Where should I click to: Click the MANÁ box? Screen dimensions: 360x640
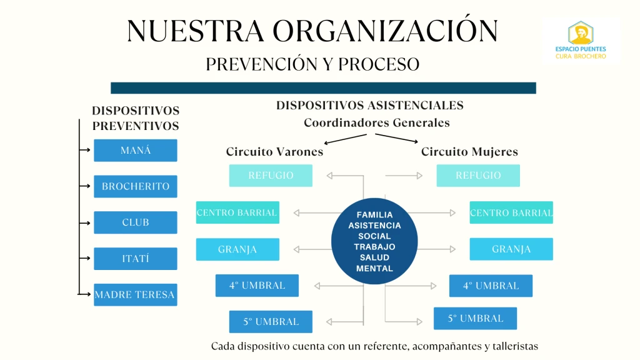pyautogui.click(x=135, y=151)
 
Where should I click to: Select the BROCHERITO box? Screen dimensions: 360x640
pyautogui.click(x=135, y=186)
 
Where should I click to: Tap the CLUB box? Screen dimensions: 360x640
pyautogui.click(x=135, y=222)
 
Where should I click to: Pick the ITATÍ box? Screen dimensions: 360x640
pyautogui.click(x=135, y=259)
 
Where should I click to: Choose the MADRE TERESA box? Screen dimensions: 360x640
pyautogui.click(x=135, y=294)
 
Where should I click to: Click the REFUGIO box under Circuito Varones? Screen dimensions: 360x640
pyautogui.click(x=271, y=176)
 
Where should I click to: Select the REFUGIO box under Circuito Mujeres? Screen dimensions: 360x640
pyautogui.click(x=478, y=176)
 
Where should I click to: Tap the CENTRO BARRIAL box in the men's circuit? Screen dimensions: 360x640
pyautogui.click(x=237, y=212)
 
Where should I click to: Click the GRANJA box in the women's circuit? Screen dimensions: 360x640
pyautogui.click(x=511, y=249)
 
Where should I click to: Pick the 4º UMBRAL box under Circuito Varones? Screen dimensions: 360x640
pyautogui.click(x=257, y=286)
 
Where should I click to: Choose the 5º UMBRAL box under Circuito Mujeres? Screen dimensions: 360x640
pyautogui.click(x=476, y=318)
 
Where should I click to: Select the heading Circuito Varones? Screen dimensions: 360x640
pyautogui.click(x=274, y=152)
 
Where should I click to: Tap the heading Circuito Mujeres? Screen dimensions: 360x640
pyautogui.click(x=469, y=152)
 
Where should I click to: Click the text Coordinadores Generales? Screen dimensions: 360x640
pyautogui.click(x=376, y=122)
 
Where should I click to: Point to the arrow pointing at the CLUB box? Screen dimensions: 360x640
pyautogui.click(x=86, y=222)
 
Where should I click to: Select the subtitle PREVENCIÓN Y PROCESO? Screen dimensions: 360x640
pyautogui.click(x=312, y=64)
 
